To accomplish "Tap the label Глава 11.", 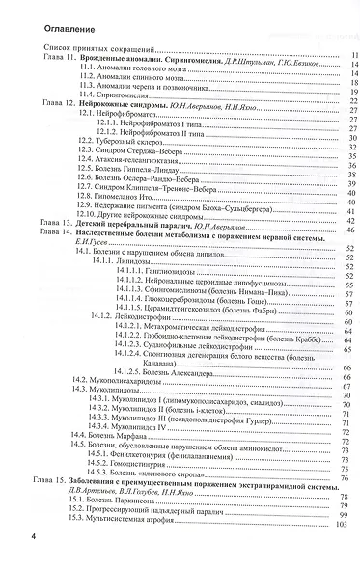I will [x=57, y=59].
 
